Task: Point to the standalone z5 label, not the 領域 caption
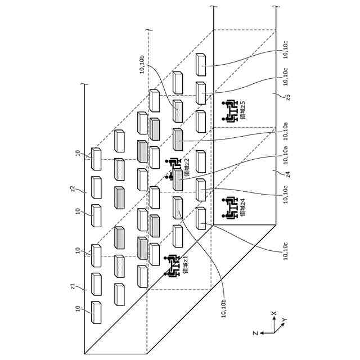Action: click(287, 97)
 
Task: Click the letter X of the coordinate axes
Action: click(274, 313)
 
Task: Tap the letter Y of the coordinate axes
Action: click(284, 320)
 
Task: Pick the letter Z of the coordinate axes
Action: click(255, 333)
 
